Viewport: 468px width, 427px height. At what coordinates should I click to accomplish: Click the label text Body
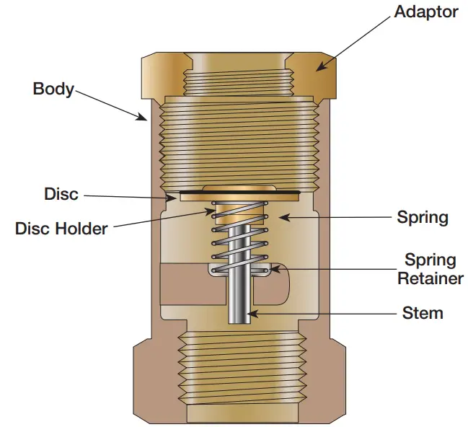(53, 89)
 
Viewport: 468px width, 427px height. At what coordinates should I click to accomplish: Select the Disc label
(61, 194)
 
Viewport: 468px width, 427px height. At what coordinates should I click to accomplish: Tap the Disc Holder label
(61, 229)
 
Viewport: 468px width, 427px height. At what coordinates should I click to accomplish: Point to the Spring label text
(423, 216)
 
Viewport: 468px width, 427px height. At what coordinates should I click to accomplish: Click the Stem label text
(422, 313)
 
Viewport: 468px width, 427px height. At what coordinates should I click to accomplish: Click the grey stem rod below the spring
(239, 303)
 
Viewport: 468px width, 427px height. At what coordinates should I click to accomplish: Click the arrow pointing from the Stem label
(317, 314)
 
